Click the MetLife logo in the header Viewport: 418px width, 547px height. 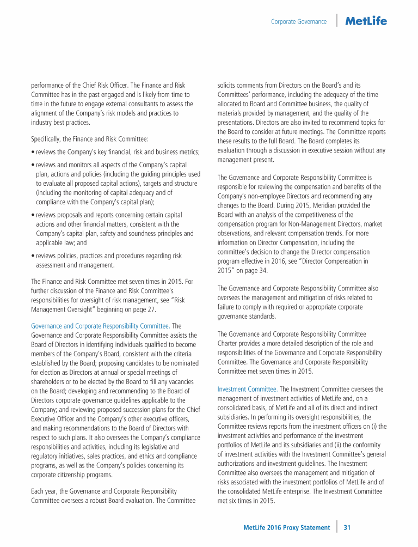tap(366, 21)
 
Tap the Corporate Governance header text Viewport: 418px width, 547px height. tap(299, 22)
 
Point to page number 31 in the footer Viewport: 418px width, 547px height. tap(347, 527)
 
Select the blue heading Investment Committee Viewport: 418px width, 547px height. tap(248, 389)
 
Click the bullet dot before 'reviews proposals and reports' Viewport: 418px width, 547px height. tap(33, 215)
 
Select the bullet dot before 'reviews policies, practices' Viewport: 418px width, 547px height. tap(33, 256)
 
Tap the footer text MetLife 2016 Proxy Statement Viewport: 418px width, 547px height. tap(286, 527)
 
